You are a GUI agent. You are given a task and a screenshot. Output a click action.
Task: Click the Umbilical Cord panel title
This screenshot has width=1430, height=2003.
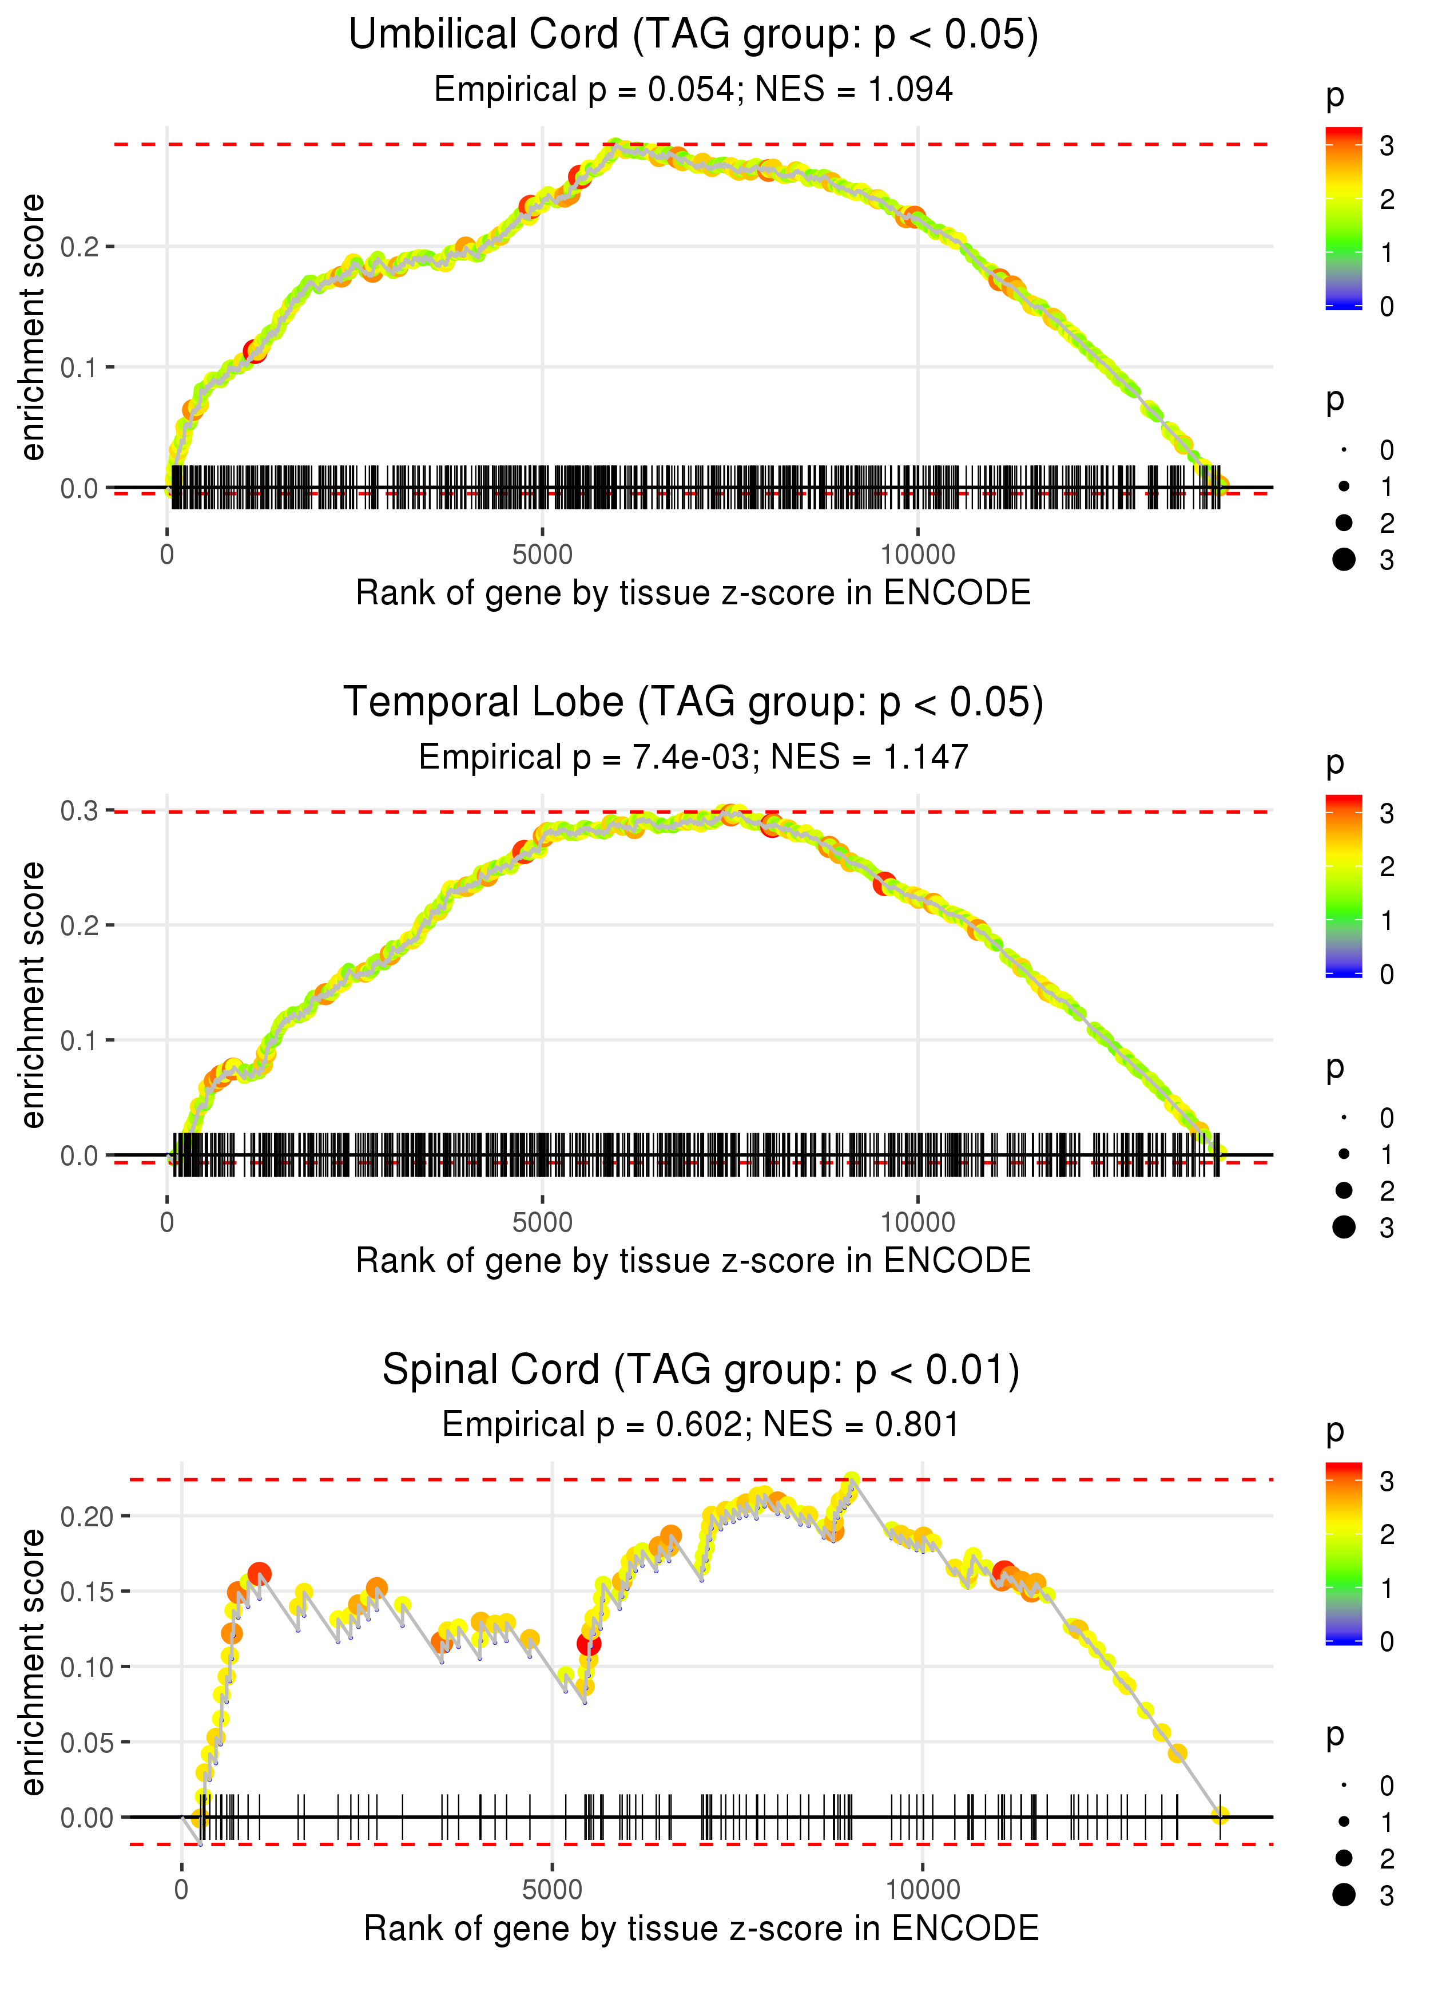693,35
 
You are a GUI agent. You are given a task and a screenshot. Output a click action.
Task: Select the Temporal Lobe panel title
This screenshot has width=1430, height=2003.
693,702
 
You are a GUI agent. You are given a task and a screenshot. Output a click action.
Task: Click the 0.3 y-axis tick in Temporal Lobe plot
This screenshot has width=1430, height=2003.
80,810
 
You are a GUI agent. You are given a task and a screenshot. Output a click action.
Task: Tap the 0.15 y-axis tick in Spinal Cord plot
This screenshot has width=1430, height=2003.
86,1592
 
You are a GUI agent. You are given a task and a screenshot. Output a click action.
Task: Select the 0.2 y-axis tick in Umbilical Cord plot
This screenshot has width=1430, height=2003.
80,247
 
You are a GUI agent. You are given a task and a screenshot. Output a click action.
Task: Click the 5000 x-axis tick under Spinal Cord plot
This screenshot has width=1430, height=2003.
552,1889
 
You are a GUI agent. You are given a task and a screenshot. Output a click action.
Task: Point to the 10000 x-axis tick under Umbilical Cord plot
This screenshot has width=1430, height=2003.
917,555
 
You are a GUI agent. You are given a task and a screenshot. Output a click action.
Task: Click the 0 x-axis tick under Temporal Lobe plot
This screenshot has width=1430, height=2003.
167,1222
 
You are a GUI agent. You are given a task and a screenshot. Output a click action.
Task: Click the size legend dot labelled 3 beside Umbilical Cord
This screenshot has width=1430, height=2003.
1344,559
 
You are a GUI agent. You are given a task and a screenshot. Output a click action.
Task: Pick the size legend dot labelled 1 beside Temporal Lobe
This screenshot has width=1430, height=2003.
1344,1154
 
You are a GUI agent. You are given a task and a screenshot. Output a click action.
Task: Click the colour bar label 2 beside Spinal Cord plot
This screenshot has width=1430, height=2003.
1387,1535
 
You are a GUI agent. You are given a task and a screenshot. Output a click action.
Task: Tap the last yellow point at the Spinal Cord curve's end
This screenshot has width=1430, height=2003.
1220,1815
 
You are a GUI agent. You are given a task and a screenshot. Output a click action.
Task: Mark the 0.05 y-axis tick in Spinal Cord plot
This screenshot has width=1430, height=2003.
86,1742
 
